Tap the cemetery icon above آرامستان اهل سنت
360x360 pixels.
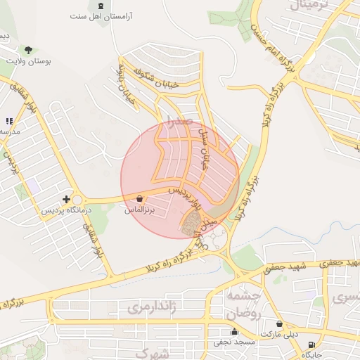tap(103, 5)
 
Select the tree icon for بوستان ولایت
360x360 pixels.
tap(27, 50)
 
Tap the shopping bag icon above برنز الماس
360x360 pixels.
tap(139, 199)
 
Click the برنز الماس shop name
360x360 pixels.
tap(139, 210)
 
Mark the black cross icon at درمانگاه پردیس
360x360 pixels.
tap(66, 200)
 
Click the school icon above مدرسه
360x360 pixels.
tap(8, 122)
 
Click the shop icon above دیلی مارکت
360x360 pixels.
tap(280, 324)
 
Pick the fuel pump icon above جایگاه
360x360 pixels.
tap(311, 345)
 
